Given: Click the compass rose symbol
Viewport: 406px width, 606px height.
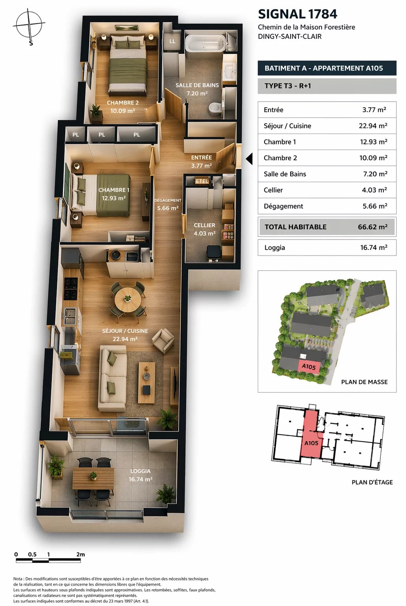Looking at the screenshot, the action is (x=29, y=25).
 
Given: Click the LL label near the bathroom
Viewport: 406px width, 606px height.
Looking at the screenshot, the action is (x=172, y=42).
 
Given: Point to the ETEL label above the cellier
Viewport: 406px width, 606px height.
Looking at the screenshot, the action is (x=202, y=181).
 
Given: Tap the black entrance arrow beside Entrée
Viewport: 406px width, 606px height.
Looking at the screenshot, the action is (x=249, y=159).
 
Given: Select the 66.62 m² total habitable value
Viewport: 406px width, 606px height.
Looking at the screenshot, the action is (x=372, y=227).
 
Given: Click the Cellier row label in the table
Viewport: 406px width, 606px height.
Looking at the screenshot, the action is (x=273, y=190).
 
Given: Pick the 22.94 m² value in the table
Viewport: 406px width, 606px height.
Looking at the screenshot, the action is (x=373, y=126).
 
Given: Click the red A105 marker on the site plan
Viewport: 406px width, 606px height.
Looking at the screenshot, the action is (x=308, y=367).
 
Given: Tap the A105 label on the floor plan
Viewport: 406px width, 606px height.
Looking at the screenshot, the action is (x=311, y=443).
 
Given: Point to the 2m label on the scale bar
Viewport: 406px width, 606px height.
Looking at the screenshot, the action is (x=80, y=554).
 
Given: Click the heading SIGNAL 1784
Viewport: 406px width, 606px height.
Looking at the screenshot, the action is (x=297, y=14).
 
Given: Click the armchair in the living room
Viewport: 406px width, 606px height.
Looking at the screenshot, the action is (x=163, y=341).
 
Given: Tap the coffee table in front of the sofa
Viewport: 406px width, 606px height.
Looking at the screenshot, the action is (x=147, y=382).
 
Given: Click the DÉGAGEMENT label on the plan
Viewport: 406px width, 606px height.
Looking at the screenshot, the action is (x=168, y=200).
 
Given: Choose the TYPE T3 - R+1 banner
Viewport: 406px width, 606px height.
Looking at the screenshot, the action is (x=327, y=86).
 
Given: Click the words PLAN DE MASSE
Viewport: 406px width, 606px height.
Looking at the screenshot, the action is (x=364, y=382).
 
